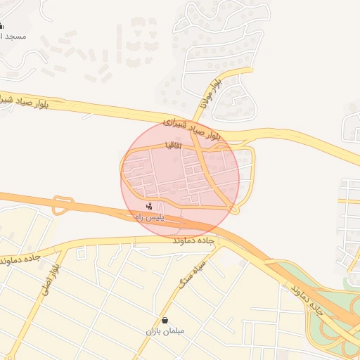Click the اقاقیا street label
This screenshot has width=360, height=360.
pyautogui.click(x=173, y=145)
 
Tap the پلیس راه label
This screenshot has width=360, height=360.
pyautogui.click(x=148, y=218)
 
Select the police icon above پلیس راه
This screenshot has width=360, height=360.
pyautogui.click(x=148, y=207)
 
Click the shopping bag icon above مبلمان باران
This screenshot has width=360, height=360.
pyautogui.click(x=165, y=320)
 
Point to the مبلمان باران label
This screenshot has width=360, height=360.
pyautogui.click(x=165, y=330)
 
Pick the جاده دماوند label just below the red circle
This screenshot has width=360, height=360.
pyautogui.click(x=195, y=240)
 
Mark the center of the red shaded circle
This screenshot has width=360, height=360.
pyautogui.click(x=180, y=179)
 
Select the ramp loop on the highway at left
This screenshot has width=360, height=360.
pyautogui.click(x=63, y=205)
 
